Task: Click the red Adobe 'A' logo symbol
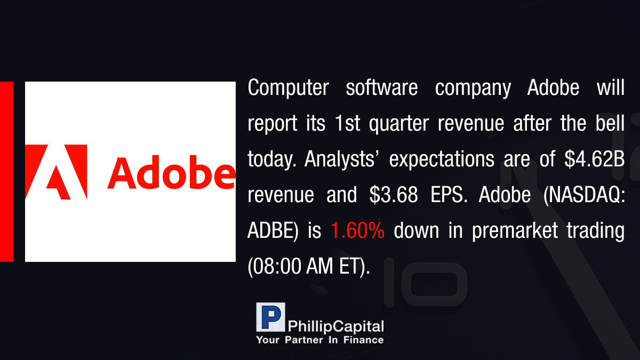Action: [x=56, y=172]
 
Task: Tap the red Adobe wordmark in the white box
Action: [x=171, y=172]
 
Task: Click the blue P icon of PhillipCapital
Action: [x=270, y=317]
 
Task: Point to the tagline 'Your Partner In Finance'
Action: [x=320, y=340]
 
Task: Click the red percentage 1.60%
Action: [x=357, y=230]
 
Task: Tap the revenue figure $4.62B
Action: [x=594, y=159]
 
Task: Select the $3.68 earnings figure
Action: [x=394, y=195]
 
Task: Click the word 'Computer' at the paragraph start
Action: [x=289, y=87]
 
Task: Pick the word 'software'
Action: [x=382, y=87]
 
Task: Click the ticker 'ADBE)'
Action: [x=273, y=231]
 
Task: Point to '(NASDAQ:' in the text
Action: [x=584, y=195]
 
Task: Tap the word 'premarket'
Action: [x=515, y=231]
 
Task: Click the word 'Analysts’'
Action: [x=340, y=159]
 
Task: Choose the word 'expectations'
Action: [x=442, y=159]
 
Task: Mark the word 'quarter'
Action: [x=399, y=124]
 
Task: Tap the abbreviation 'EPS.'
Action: [x=449, y=195]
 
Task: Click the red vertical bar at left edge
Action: [x=6, y=172]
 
